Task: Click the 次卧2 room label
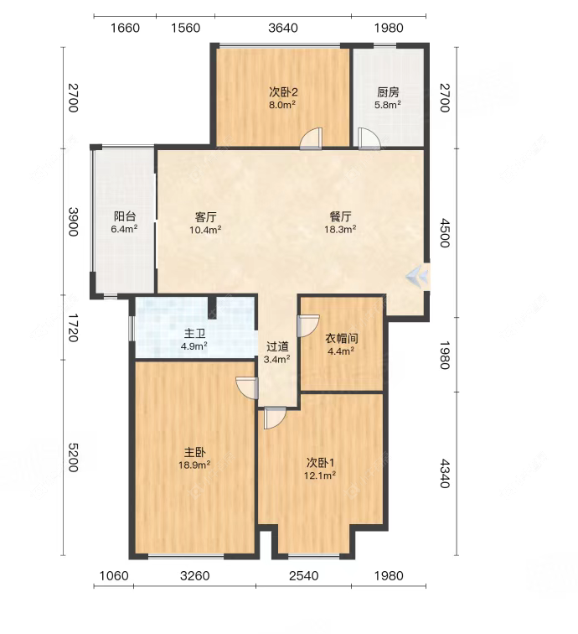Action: click(283, 92)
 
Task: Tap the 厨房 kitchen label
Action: click(388, 92)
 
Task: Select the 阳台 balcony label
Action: click(125, 216)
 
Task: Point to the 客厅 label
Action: click(205, 217)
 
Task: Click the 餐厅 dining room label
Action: click(340, 216)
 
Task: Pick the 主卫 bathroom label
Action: click(194, 334)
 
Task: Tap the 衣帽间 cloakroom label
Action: click(341, 339)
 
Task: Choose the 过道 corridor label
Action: click(277, 346)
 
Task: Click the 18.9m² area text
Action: click(194, 465)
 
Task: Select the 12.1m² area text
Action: click(320, 475)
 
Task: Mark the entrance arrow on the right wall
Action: click(417, 276)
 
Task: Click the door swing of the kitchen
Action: click(369, 138)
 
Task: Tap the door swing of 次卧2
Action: click(311, 138)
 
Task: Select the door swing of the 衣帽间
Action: click(308, 325)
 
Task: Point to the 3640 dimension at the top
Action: click(283, 28)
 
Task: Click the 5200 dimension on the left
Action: click(73, 457)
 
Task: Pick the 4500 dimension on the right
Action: click(444, 233)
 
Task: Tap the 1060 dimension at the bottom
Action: click(114, 575)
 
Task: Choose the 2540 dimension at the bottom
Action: click(304, 575)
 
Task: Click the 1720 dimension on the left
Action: click(73, 328)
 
